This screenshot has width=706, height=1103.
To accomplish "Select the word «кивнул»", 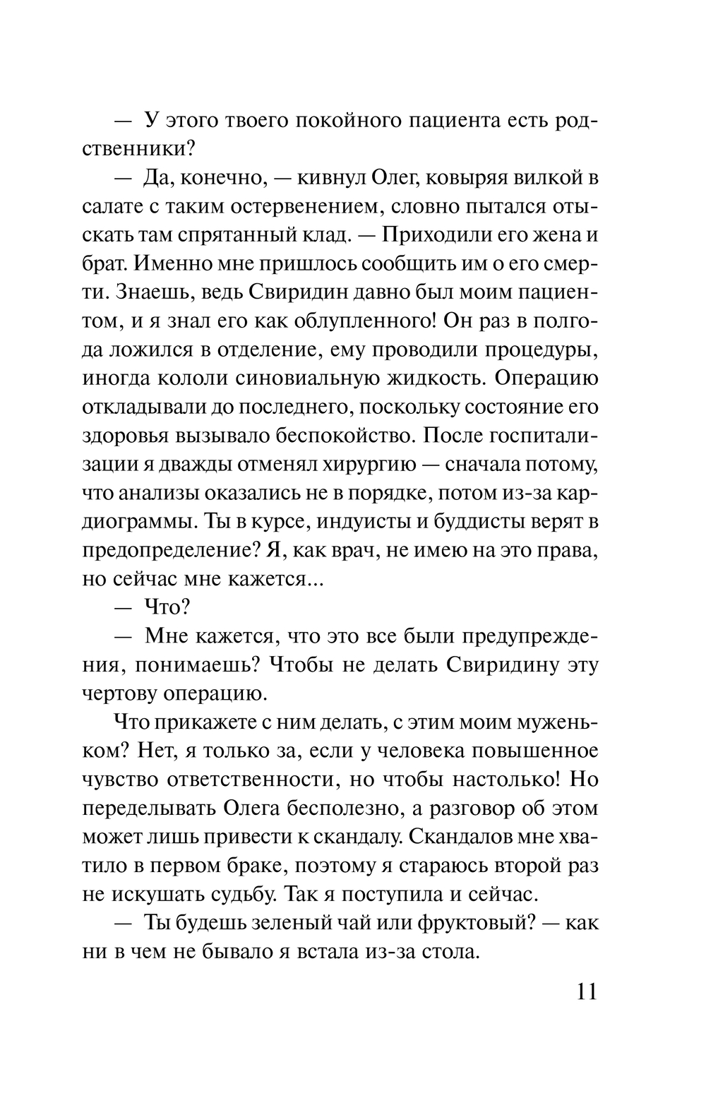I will coord(334,177).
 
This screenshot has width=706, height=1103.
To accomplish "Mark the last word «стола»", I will coord(450,951).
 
